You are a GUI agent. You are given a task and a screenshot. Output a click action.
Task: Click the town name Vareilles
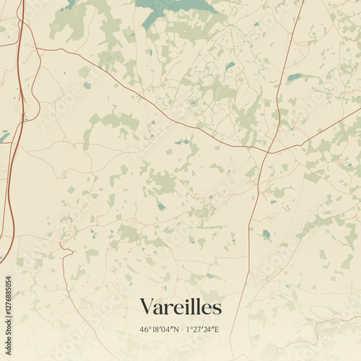(x=180, y=307)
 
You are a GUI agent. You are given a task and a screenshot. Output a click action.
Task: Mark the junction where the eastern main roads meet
(x=266, y=152)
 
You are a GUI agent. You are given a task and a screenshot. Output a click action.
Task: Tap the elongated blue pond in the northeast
(x=296, y=77)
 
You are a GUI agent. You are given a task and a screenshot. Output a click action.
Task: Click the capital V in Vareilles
(x=147, y=307)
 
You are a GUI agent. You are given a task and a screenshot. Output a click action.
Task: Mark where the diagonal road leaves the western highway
(x=36, y=49)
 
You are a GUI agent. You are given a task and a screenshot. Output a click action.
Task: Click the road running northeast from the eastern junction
(x=318, y=130)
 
